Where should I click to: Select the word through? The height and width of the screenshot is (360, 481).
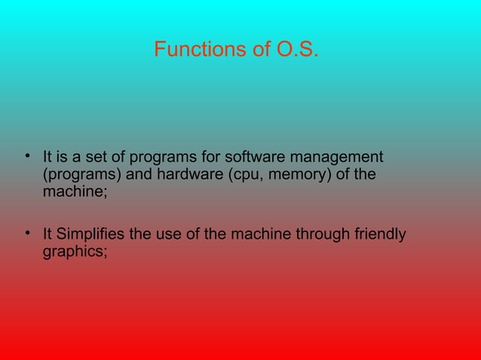[x=321, y=235]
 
